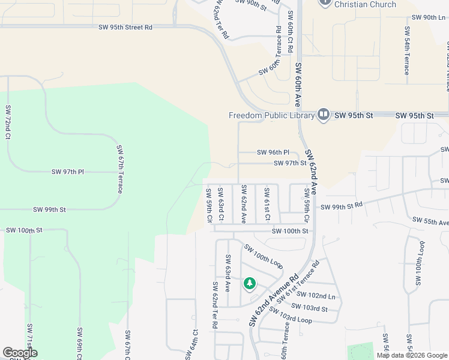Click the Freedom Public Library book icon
(x=324, y=115)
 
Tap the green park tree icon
(x=249, y=283)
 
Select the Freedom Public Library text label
(x=271, y=115)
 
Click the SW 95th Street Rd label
(x=125, y=27)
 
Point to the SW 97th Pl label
(x=68, y=172)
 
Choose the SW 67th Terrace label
(x=120, y=169)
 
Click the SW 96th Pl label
(x=273, y=152)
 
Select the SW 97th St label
(x=291, y=163)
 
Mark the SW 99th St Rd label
(x=342, y=206)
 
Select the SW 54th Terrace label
(x=406, y=51)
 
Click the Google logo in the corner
(x=20, y=353)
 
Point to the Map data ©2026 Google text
(x=412, y=355)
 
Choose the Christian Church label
(x=365, y=4)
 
